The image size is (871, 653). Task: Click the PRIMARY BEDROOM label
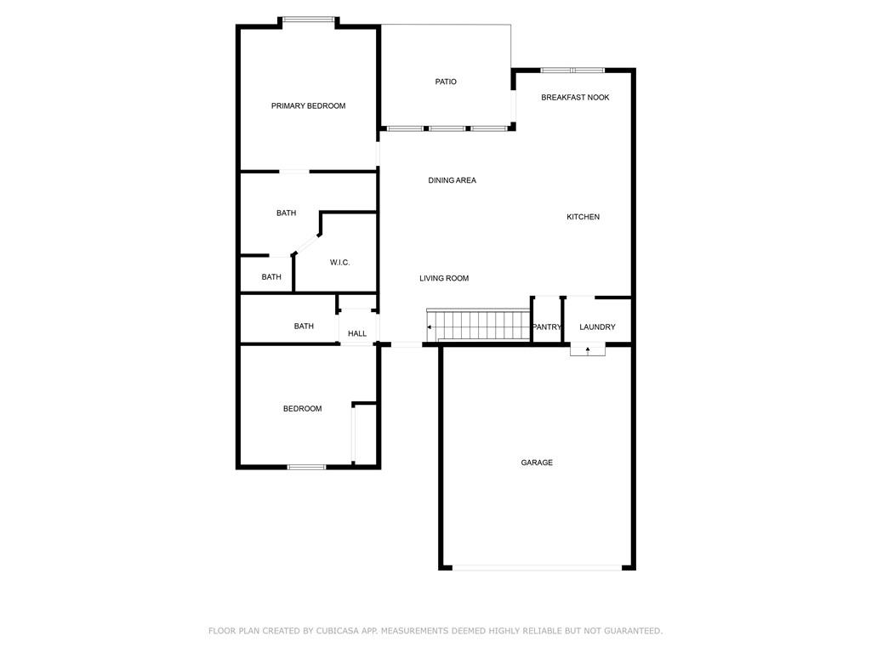[308, 105]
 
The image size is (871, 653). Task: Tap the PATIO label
[446, 82]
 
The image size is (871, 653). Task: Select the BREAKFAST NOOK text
[575, 97]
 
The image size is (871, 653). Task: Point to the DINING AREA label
[452, 180]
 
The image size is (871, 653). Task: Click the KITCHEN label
[583, 217]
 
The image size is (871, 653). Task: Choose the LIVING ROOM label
[444, 278]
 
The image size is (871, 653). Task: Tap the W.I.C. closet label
[339, 262]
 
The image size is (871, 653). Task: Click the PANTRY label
[547, 326]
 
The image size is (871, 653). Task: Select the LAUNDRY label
[597, 326]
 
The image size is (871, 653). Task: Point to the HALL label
[356, 333]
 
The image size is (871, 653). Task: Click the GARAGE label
[537, 462]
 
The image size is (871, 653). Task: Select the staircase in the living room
[478, 326]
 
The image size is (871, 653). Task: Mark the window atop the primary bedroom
[308, 20]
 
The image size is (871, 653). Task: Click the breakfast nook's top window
[572, 71]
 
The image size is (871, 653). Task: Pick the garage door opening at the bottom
[537, 567]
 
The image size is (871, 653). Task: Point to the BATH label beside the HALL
[304, 326]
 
